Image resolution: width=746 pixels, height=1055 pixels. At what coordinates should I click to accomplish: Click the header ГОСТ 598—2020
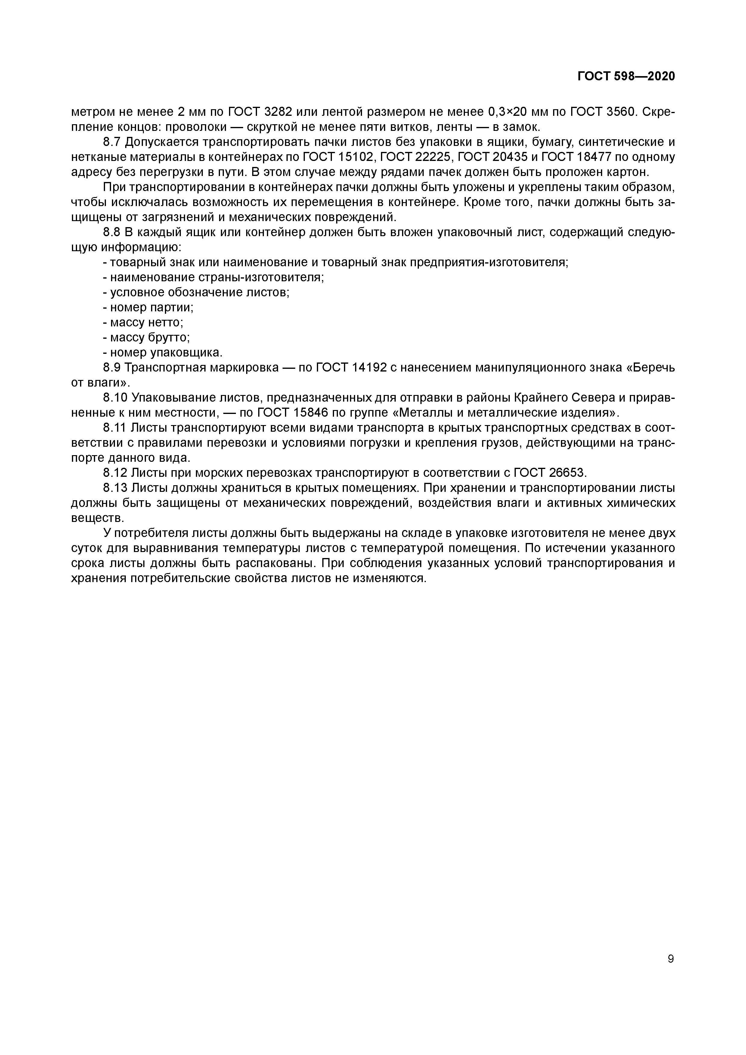(626, 76)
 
